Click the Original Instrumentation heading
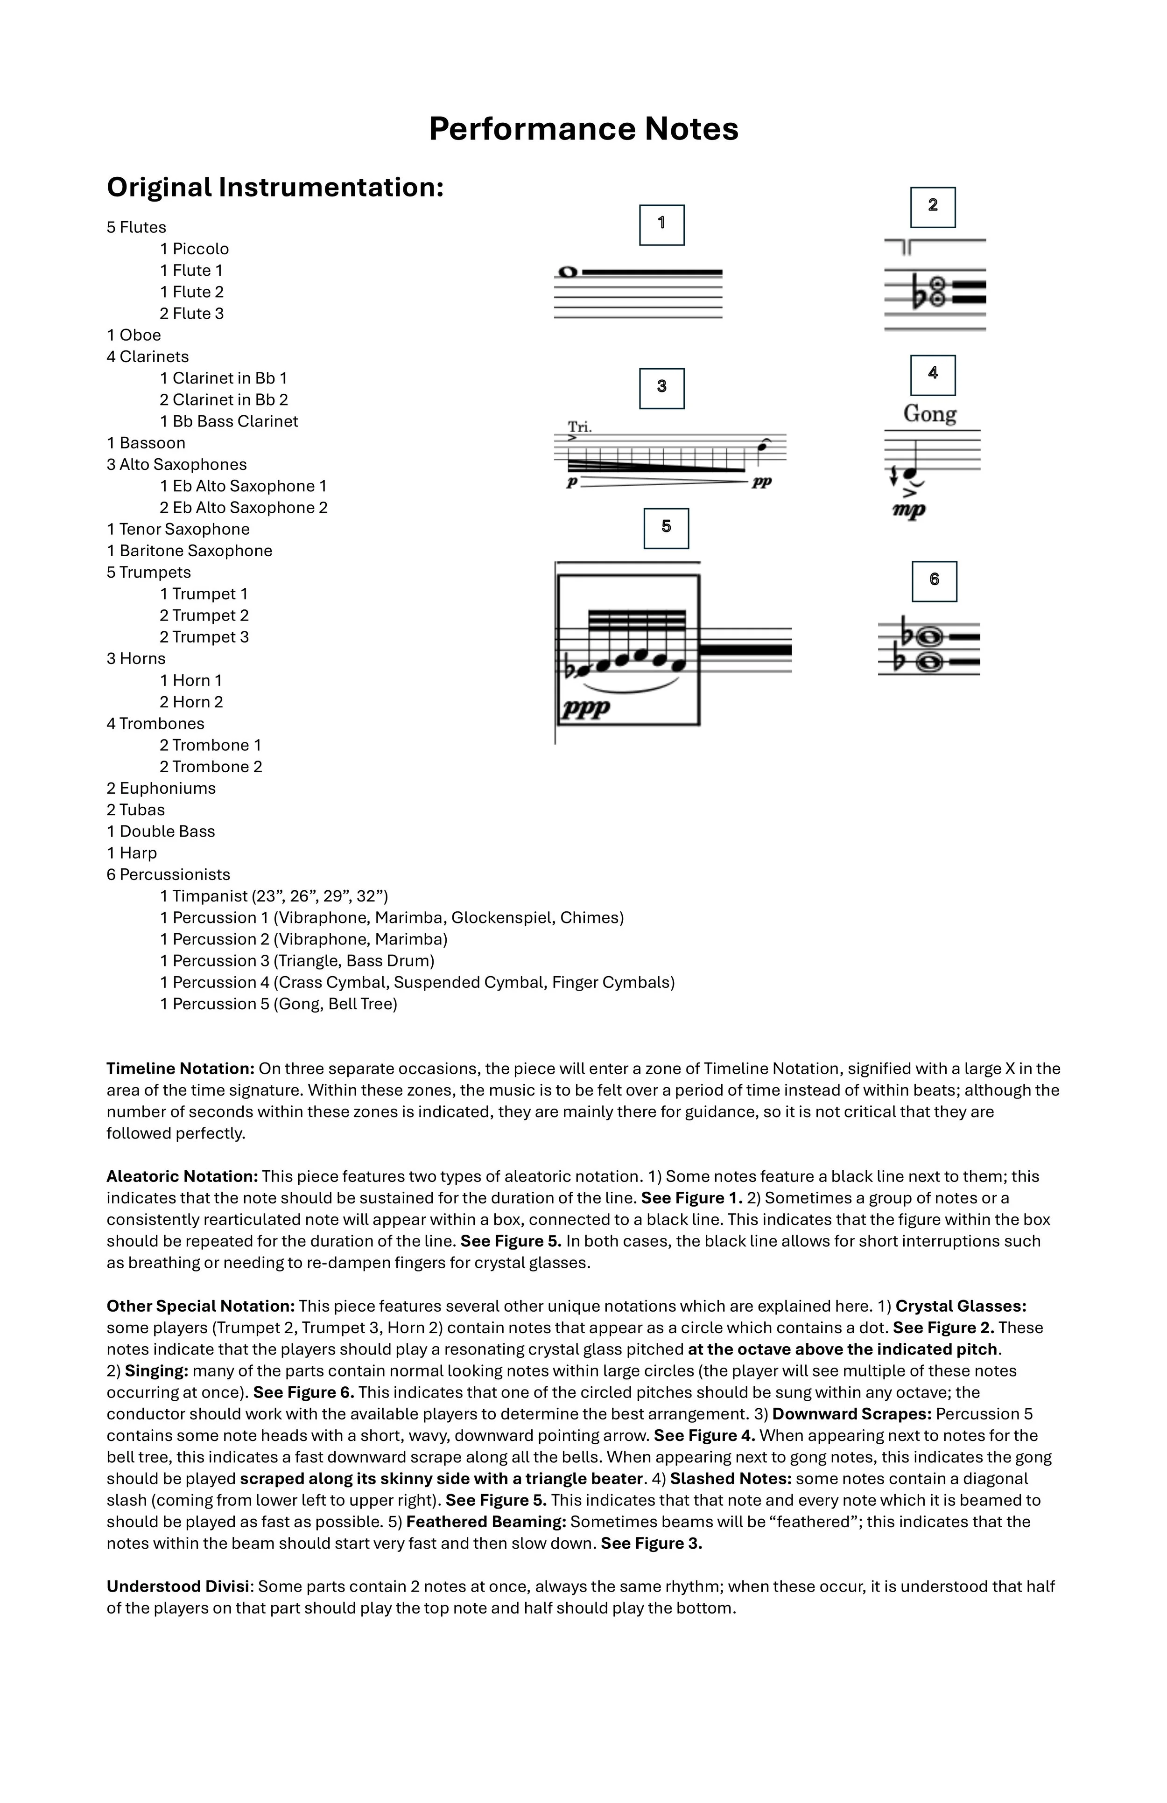coord(274,187)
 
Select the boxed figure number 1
coord(661,224)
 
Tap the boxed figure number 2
coord(932,207)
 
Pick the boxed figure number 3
coord(661,388)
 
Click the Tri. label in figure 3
coord(580,427)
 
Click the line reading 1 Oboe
coord(134,335)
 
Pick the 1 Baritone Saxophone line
coord(190,551)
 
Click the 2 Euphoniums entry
coord(162,788)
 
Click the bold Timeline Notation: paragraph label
coord(180,1069)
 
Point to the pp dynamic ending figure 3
coord(761,482)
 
